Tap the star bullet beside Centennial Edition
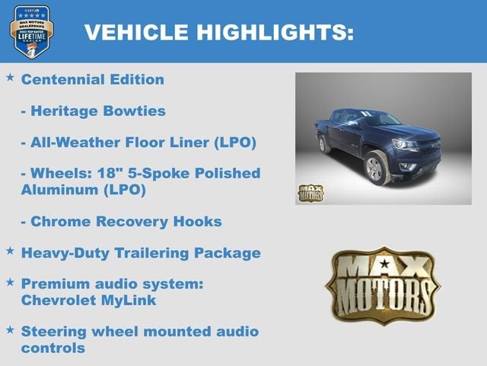coord(10,78)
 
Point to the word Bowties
coord(135,111)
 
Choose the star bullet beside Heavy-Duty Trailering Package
coord(10,251)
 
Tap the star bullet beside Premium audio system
coord(10,282)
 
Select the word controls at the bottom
coord(53,348)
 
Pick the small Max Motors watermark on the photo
coord(310,192)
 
